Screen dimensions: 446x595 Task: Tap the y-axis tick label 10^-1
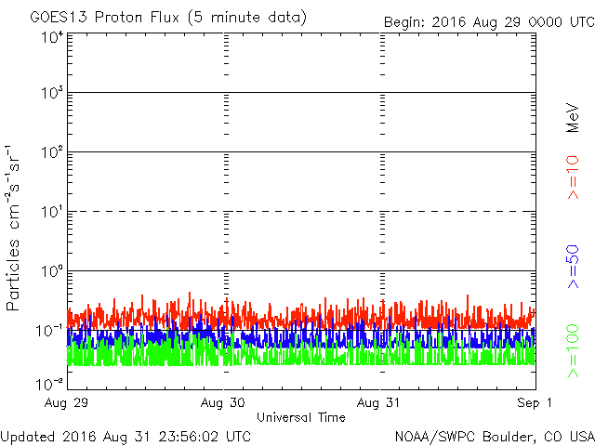tap(50, 332)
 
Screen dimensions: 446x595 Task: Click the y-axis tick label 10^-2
tap(50, 383)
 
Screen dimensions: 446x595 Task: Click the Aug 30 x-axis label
tap(224, 402)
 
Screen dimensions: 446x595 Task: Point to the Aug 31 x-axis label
tap(379, 402)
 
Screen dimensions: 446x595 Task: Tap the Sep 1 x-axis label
tap(534, 402)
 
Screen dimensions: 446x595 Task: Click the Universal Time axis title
tap(301, 417)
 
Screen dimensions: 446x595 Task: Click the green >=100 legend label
tap(574, 351)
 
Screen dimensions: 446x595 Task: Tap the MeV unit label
tap(574, 118)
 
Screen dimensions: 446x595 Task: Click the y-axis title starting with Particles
tap(16, 228)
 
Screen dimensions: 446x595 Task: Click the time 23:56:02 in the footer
tap(192, 436)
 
